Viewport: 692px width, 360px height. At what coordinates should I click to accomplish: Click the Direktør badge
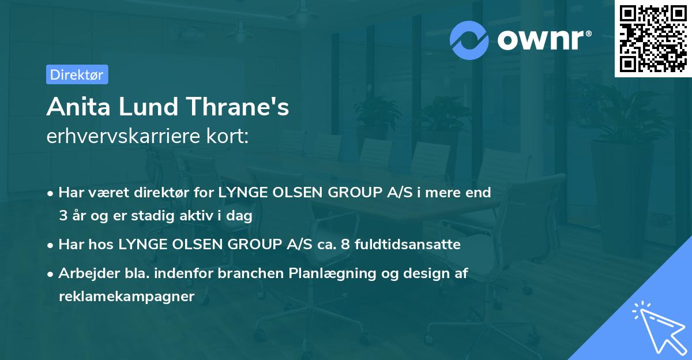[77, 74]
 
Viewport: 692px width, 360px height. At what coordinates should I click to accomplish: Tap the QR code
[653, 39]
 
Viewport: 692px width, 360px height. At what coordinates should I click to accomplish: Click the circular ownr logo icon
[469, 40]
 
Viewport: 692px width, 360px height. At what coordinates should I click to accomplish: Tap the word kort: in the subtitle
[228, 136]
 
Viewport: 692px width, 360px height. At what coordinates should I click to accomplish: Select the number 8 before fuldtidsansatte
[345, 245]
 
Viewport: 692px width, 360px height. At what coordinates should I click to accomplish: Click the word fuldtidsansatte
[407, 245]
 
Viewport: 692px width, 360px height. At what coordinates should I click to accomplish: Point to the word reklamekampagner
[127, 297]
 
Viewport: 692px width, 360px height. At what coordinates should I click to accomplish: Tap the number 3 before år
[62, 216]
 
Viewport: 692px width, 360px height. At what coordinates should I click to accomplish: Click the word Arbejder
[85, 273]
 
